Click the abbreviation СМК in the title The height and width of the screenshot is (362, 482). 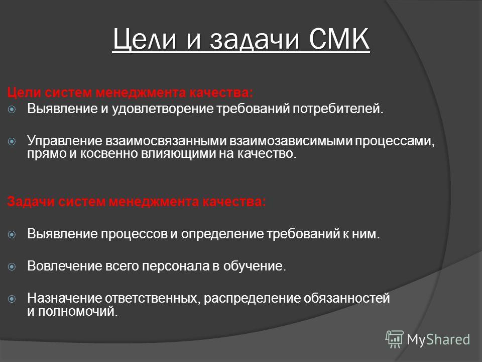(x=339, y=39)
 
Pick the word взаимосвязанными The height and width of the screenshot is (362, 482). (x=166, y=141)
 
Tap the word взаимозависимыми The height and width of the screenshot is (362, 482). (x=291, y=141)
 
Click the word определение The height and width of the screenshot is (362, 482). (x=222, y=234)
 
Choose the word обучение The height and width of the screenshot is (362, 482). (x=255, y=266)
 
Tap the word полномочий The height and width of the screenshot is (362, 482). (x=78, y=312)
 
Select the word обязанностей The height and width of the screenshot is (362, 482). (x=347, y=298)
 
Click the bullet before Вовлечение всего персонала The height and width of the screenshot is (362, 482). (x=12, y=266)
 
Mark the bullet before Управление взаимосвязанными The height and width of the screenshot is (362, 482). (x=12, y=142)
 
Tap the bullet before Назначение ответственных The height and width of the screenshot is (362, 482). (x=12, y=299)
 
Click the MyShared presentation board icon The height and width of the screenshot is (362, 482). (x=395, y=339)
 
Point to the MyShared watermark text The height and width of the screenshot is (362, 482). (x=438, y=339)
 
